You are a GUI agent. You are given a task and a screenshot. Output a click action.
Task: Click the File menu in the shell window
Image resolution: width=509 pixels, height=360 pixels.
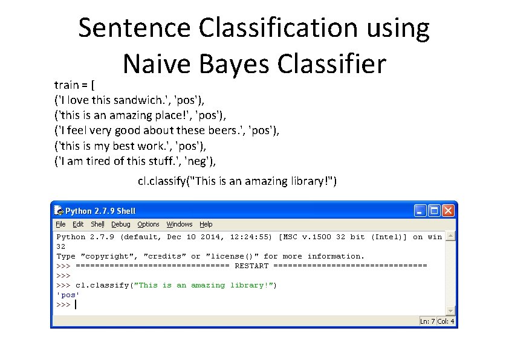(x=60, y=224)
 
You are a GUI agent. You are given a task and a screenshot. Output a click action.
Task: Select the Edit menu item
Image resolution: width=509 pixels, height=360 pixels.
(x=78, y=224)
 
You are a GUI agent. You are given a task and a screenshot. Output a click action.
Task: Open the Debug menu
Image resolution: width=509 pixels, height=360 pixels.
(x=120, y=224)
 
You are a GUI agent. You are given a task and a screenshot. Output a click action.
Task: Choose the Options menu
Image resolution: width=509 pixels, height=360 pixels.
(x=148, y=224)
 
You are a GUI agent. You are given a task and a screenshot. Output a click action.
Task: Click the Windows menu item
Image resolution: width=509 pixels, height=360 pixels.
(x=180, y=224)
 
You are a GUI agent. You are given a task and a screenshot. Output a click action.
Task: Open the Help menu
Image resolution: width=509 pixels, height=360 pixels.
(x=206, y=224)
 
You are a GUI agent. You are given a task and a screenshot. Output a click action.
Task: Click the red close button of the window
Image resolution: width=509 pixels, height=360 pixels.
(x=448, y=211)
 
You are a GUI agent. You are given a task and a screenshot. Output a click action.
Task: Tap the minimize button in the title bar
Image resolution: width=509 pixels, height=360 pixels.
(x=420, y=211)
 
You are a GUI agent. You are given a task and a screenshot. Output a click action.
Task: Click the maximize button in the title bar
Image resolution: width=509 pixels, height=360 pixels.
(x=434, y=211)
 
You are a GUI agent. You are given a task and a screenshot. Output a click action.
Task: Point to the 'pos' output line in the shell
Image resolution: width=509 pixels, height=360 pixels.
(x=68, y=295)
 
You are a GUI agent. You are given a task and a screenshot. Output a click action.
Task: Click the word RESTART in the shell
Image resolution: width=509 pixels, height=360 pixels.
(x=251, y=266)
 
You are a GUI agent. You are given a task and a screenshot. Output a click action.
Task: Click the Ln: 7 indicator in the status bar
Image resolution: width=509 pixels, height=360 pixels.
(x=428, y=321)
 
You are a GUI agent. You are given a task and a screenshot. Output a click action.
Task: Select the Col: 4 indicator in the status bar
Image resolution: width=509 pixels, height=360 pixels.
(x=446, y=321)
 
